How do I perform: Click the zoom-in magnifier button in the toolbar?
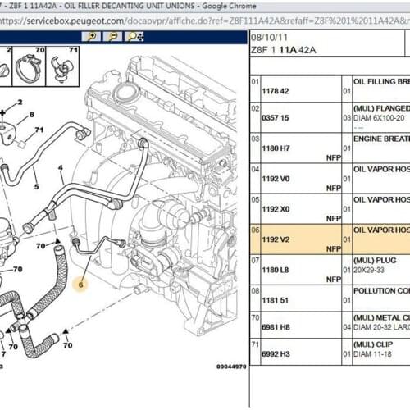click(x=93, y=37)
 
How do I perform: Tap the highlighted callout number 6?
click(x=80, y=285)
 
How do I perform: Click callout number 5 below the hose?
click(x=35, y=185)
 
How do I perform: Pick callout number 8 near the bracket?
click(x=32, y=115)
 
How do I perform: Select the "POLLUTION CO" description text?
click(x=381, y=290)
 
